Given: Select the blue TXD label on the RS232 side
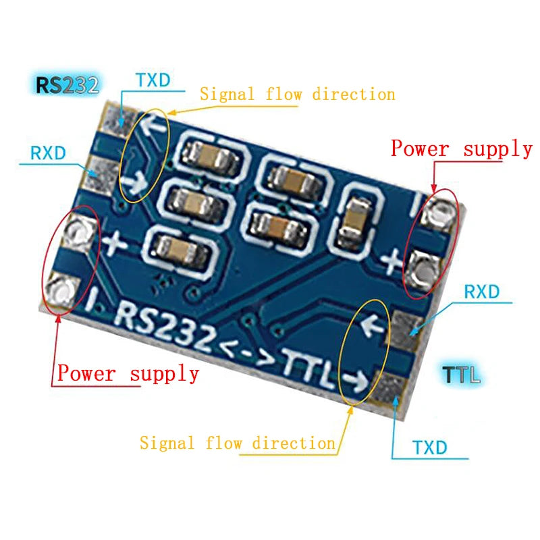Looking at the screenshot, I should tap(153, 80).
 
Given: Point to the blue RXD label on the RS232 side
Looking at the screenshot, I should tap(48, 153).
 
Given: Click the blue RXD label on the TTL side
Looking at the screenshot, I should tap(481, 292).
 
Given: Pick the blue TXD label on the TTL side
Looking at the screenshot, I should tap(429, 448).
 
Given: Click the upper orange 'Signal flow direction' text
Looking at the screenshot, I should tap(297, 94).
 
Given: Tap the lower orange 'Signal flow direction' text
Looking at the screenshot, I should tap(238, 443).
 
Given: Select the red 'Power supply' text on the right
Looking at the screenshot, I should tap(462, 148).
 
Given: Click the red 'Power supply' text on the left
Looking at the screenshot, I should tap(128, 373).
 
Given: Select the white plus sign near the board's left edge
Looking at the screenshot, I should tap(113, 241).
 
